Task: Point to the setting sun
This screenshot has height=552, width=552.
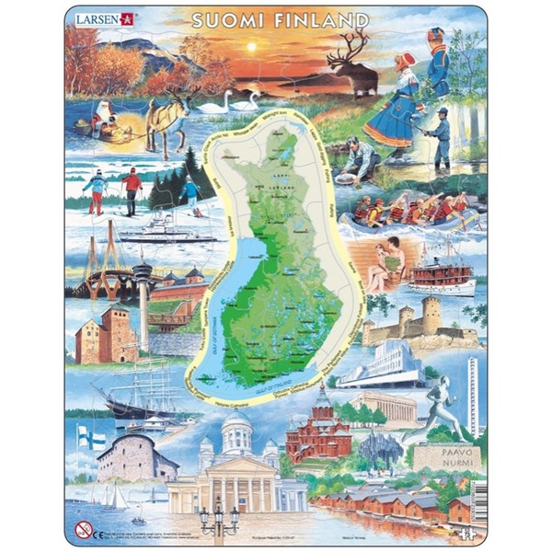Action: pyautogui.click(x=251, y=45)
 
